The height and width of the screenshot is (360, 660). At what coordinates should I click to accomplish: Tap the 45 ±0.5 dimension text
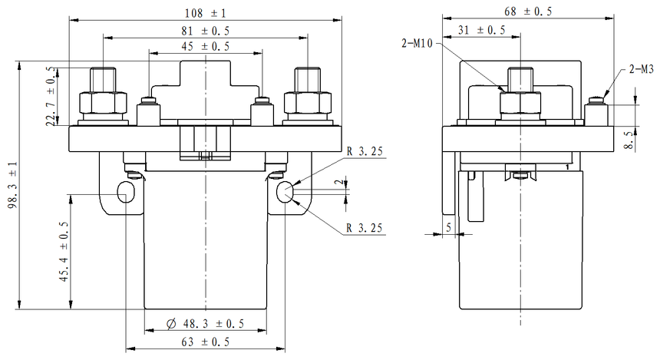204,47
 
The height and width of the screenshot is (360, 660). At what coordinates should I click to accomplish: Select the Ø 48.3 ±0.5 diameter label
206,325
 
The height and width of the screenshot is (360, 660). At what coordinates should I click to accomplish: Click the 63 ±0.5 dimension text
205,342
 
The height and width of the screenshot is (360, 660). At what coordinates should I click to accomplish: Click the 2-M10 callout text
419,43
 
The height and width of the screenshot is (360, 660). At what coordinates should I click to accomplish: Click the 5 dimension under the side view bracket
449,228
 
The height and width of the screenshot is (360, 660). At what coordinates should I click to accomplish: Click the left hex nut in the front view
103,103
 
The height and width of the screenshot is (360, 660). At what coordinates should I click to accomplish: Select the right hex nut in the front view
307,103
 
